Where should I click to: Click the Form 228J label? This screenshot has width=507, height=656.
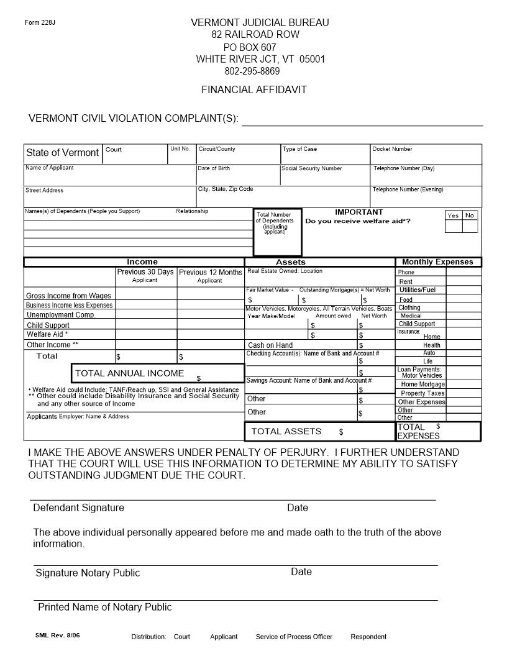tap(40, 23)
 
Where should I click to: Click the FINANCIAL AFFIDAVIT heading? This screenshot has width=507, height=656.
tap(253, 89)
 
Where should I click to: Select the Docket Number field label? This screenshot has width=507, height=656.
tap(392, 149)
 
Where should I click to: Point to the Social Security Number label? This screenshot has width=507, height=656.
tap(311, 168)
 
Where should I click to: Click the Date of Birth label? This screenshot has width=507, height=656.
tap(214, 168)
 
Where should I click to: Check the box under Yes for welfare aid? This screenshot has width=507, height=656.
tap(454, 226)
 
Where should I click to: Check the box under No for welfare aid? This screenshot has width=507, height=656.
tap(470, 226)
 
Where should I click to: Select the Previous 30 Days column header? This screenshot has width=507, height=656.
tap(145, 272)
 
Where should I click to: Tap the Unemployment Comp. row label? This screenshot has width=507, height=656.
tap(61, 315)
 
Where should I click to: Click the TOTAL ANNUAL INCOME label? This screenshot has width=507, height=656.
tap(129, 373)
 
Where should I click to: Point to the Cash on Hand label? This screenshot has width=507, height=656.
tap(270, 345)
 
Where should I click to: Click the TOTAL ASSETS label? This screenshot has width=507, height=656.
tap(286, 431)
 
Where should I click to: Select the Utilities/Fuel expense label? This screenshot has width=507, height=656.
tap(418, 290)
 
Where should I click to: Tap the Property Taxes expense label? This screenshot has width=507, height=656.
tap(422, 393)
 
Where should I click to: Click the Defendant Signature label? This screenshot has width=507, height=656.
tap(78, 508)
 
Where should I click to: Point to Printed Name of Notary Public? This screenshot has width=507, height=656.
tap(104, 607)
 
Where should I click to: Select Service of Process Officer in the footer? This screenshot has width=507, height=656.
tap(294, 637)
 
